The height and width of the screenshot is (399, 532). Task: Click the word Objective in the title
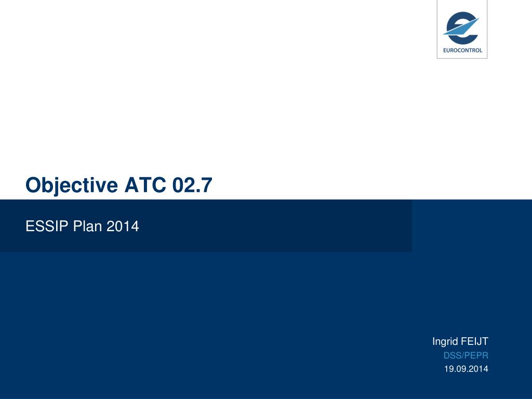pyautogui.click(x=72, y=185)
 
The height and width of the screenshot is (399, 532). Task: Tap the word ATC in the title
pyautogui.click(x=145, y=185)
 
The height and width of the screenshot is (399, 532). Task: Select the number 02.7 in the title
pyautogui.click(x=192, y=185)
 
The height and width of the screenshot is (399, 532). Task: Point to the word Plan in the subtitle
pyautogui.click(x=87, y=226)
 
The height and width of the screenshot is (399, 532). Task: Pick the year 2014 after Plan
pyautogui.click(x=123, y=226)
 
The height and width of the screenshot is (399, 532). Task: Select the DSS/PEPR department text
pyautogui.click(x=466, y=355)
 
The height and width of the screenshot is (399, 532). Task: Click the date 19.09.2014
pyautogui.click(x=466, y=369)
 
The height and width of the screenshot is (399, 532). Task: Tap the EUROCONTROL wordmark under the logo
pyautogui.click(x=462, y=50)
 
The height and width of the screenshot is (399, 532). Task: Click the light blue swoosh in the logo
pyautogui.click(x=461, y=27)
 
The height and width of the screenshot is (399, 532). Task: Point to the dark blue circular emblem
pyautogui.click(x=462, y=28)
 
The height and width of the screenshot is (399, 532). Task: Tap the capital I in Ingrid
pyautogui.click(x=434, y=341)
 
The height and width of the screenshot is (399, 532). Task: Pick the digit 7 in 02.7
pyautogui.click(x=207, y=185)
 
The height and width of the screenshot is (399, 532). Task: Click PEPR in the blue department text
pyautogui.click(x=477, y=355)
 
